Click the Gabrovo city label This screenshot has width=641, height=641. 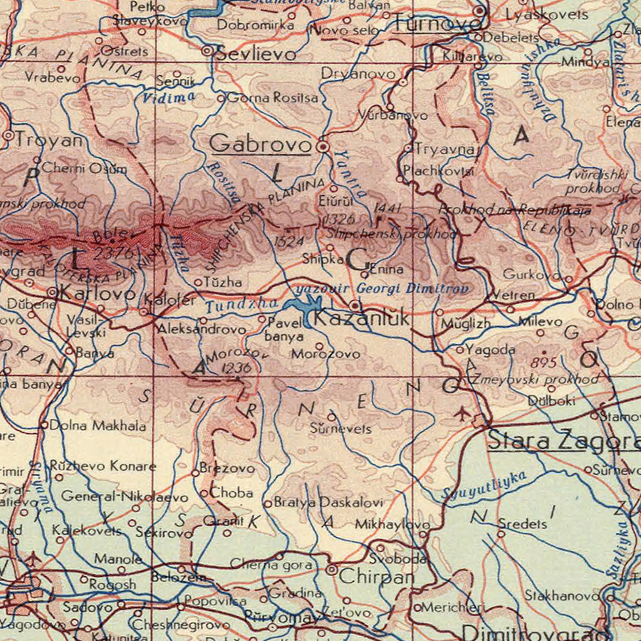click(x=261, y=144)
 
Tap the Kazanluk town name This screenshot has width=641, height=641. click(x=362, y=319)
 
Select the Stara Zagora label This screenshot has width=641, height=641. click(x=563, y=441)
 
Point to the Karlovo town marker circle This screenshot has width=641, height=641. click(x=52, y=292)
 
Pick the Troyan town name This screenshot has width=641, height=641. click(x=48, y=140)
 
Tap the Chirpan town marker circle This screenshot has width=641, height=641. click(x=331, y=569)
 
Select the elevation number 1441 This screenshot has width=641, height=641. click(x=388, y=208)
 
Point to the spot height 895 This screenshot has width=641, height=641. click(x=543, y=363)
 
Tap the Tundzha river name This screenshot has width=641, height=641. click(x=229, y=306)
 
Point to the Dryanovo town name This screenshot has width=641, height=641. click(x=358, y=73)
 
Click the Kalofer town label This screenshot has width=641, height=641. click(x=170, y=299)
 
